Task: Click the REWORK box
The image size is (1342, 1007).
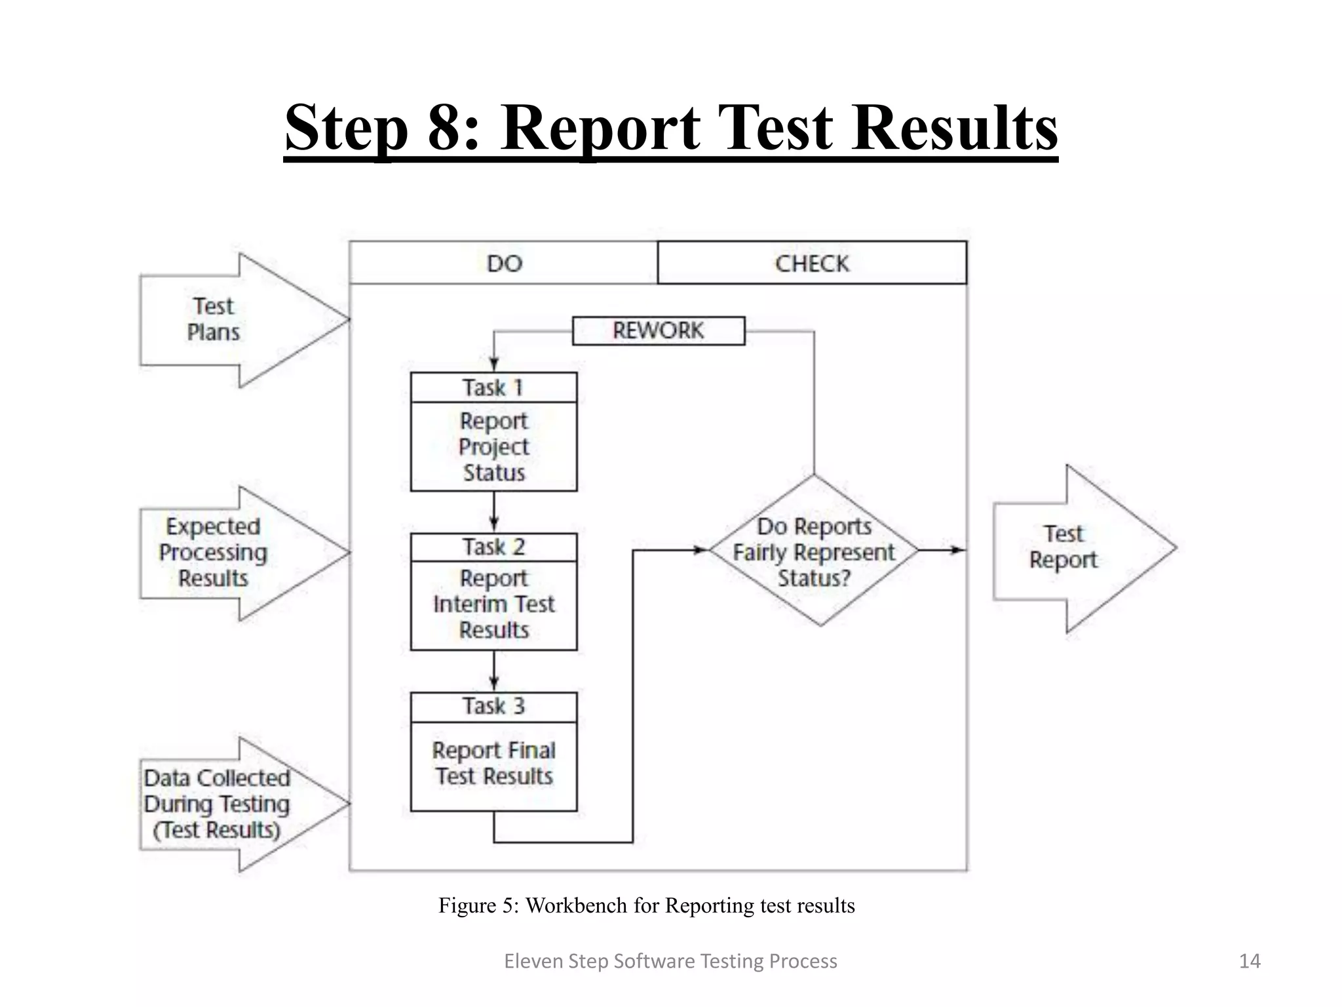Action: pyautogui.click(x=659, y=330)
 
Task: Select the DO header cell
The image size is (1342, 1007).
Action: pyautogui.click(x=504, y=264)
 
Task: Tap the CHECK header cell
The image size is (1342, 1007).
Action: pyautogui.click(x=812, y=264)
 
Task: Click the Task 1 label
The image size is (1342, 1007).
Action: pyautogui.click(x=493, y=387)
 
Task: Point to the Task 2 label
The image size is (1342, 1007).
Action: pyautogui.click(x=493, y=547)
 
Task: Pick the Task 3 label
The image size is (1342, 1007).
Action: pyautogui.click(x=493, y=707)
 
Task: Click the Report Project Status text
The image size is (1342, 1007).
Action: pyautogui.click(x=493, y=446)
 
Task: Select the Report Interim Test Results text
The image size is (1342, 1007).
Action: pyautogui.click(x=493, y=604)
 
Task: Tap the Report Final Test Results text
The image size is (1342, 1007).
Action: pyautogui.click(x=493, y=764)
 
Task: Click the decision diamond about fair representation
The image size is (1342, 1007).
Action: pyautogui.click(x=814, y=551)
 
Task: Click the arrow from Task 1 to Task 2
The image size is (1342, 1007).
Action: pyautogui.click(x=494, y=511)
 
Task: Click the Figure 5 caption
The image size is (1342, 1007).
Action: pyautogui.click(x=646, y=905)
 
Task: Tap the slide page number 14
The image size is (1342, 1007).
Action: pyautogui.click(x=1250, y=961)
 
